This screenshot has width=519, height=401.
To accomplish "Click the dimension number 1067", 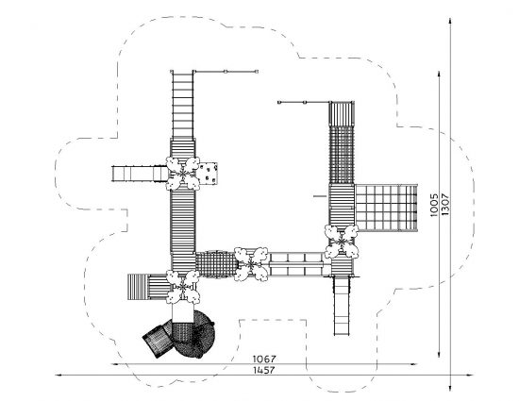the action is coord(264,359).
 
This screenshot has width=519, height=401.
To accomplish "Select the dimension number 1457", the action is coord(264,370).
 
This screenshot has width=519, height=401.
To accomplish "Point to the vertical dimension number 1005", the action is coord(434,205).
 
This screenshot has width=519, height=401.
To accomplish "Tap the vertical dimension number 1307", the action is coord(445,205).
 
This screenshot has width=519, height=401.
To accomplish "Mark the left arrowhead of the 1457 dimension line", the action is coord(59,376).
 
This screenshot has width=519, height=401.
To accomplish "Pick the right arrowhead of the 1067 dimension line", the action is coord(413,364).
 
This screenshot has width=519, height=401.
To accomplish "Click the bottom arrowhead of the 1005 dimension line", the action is coord(439,354).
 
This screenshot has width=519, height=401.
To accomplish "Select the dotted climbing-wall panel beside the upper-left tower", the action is coord(208,174).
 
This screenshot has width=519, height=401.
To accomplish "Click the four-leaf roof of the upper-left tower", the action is coord(183,174).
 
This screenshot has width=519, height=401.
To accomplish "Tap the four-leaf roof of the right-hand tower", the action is coord(342,242).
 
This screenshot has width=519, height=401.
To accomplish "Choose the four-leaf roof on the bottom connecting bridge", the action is coord(251,264).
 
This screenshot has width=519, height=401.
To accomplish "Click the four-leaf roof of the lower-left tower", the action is coord(183,287).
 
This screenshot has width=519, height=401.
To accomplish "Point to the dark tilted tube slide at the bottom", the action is coord(158,341).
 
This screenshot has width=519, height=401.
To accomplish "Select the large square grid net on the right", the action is coord(386,208).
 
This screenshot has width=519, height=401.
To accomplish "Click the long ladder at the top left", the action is coord(182,105).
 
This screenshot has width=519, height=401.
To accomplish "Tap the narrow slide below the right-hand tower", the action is coord(342,306).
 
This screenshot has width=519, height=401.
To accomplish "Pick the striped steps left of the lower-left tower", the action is coord(147,287).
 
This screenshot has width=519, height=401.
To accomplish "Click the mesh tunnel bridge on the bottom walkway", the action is coord(216,264).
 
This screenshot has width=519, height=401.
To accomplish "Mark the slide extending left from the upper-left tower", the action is coord(140,174).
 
